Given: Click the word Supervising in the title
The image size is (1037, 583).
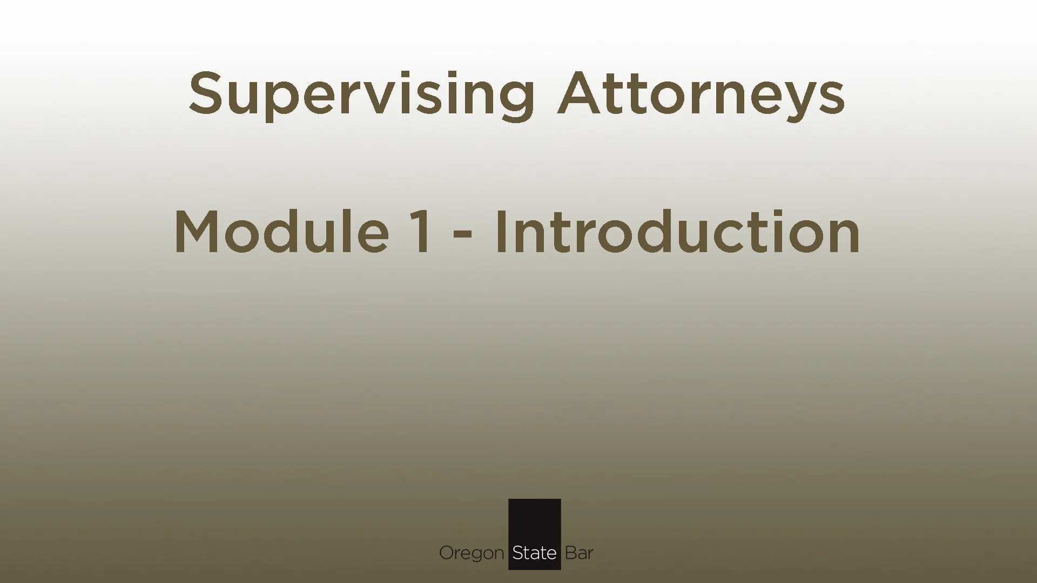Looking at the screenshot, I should tap(361, 94).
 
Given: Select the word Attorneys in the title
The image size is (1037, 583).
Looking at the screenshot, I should tap(701, 94).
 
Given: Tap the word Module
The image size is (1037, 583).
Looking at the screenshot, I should tap(281, 232).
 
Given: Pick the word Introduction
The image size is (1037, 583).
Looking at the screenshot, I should tap(677, 232).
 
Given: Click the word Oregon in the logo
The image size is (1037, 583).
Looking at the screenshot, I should tap(471, 553).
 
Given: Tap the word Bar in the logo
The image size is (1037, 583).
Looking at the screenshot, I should tap(579, 553).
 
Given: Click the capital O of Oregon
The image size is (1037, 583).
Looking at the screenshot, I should tap(447, 553).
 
